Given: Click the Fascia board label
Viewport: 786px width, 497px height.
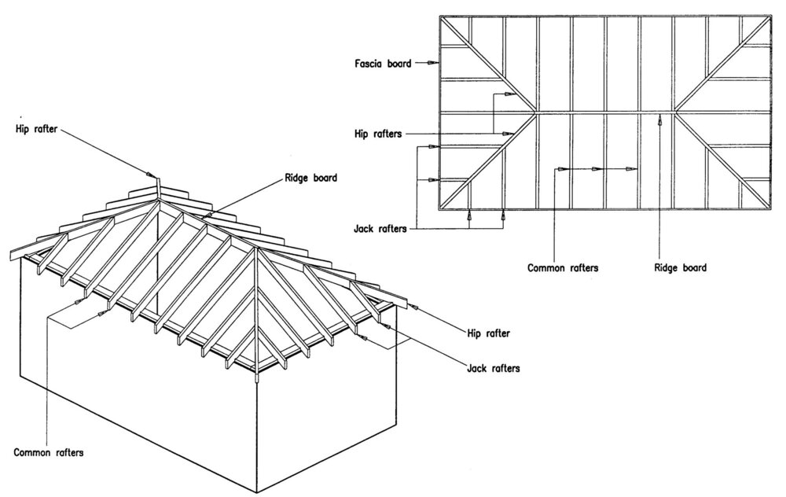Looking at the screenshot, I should (x=382, y=63).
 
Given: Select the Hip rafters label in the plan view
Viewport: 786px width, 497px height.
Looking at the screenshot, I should (x=378, y=134).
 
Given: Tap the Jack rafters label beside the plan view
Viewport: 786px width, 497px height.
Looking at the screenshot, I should (x=381, y=229).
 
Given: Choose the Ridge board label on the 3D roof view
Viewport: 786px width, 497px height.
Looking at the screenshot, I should (x=309, y=178).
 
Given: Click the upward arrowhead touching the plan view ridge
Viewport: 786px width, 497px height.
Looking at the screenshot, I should (x=659, y=120).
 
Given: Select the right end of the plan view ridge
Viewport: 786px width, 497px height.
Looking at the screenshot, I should (x=676, y=112).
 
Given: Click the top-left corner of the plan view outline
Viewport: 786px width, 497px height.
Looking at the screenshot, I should (x=439, y=17).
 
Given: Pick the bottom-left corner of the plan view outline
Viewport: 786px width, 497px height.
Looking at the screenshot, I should (x=439, y=211).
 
